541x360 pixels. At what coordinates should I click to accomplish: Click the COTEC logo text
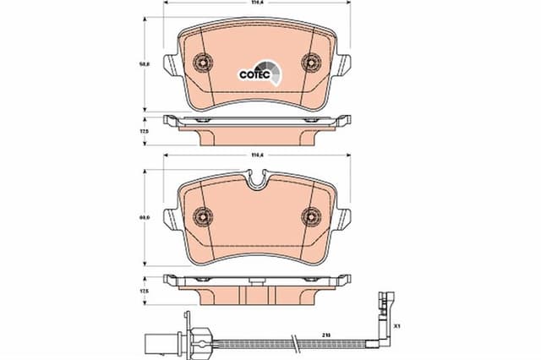[x=253, y=74]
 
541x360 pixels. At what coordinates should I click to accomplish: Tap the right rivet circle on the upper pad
[x=310, y=62]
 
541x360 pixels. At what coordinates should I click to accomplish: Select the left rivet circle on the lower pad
[x=202, y=216]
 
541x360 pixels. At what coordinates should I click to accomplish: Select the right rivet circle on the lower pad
[x=310, y=216]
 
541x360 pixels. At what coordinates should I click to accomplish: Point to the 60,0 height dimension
[x=144, y=217]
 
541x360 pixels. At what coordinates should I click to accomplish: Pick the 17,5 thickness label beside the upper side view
[x=144, y=132]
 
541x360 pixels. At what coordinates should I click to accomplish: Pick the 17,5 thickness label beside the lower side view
[x=144, y=291]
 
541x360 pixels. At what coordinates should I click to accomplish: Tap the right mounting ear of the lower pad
[x=344, y=220]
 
